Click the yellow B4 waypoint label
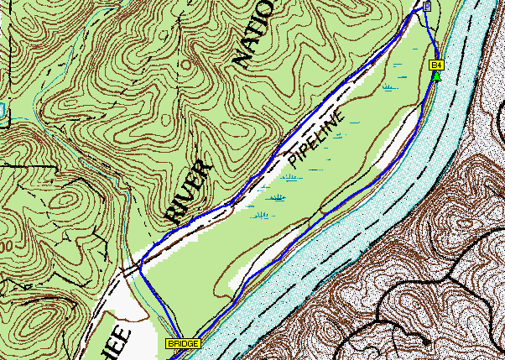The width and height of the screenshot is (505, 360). (x=436, y=65)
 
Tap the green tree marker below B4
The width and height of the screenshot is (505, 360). (x=436, y=76)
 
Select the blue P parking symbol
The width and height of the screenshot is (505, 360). (x=426, y=7)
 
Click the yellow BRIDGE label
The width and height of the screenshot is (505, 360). (x=183, y=344)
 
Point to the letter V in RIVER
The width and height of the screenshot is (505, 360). (x=188, y=187)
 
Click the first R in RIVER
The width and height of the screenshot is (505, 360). (x=173, y=211)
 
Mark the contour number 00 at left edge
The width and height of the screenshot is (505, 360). (x=5, y=248)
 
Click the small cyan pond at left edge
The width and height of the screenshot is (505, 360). (x=3, y=109)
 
